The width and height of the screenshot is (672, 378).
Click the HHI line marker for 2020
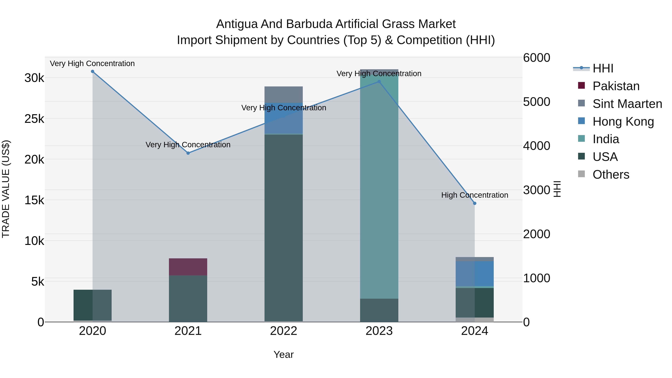tap(93, 71)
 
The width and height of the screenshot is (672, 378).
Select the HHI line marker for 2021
tap(188, 153)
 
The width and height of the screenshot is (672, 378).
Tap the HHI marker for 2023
tap(379, 82)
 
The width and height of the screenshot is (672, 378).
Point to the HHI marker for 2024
tap(475, 203)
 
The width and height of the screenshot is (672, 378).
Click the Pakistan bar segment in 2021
tap(188, 267)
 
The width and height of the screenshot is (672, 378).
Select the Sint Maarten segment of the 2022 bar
tap(284, 94)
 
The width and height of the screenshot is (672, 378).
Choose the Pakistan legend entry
tap(616, 86)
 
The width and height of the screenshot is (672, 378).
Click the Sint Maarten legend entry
tap(627, 104)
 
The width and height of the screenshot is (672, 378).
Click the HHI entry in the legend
tap(603, 68)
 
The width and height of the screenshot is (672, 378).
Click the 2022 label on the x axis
tap(284, 331)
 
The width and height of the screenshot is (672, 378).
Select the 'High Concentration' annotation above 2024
tap(475, 195)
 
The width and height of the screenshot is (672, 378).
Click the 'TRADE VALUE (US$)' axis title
tap(6, 189)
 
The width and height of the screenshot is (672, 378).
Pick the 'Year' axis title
tap(284, 354)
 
